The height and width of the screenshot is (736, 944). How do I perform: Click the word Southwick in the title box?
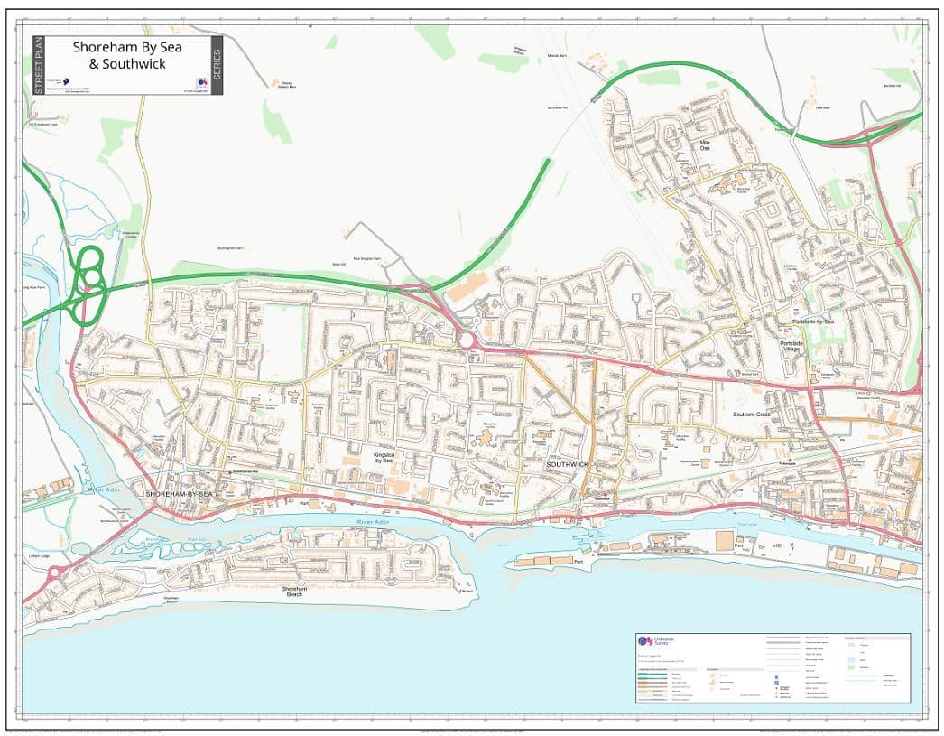pos(134,64)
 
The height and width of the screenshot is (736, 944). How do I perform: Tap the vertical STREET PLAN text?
pos(38,65)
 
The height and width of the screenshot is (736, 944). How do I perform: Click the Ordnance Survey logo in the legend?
pos(643,641)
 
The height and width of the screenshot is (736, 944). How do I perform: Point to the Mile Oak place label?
pos(706,144)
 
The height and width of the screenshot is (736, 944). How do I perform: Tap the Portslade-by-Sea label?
pos(813,321)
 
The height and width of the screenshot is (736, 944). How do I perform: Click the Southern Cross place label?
pos(751,415)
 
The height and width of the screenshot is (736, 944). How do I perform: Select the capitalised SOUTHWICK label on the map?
pos(566,464)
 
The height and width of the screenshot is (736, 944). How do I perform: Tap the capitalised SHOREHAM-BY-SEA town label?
pos(179,494)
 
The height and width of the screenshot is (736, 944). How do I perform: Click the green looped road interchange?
pos(88,282)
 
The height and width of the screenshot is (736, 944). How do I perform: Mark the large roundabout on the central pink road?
pos(467,340)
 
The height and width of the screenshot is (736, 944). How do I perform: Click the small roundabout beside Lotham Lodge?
pos(54,572)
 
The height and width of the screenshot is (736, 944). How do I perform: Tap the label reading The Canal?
pos(746,524)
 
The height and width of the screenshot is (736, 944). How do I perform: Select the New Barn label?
pos(822,107)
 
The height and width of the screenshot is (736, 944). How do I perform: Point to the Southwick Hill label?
pos(557,107)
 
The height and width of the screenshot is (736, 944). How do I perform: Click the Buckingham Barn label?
pos(232,247)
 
